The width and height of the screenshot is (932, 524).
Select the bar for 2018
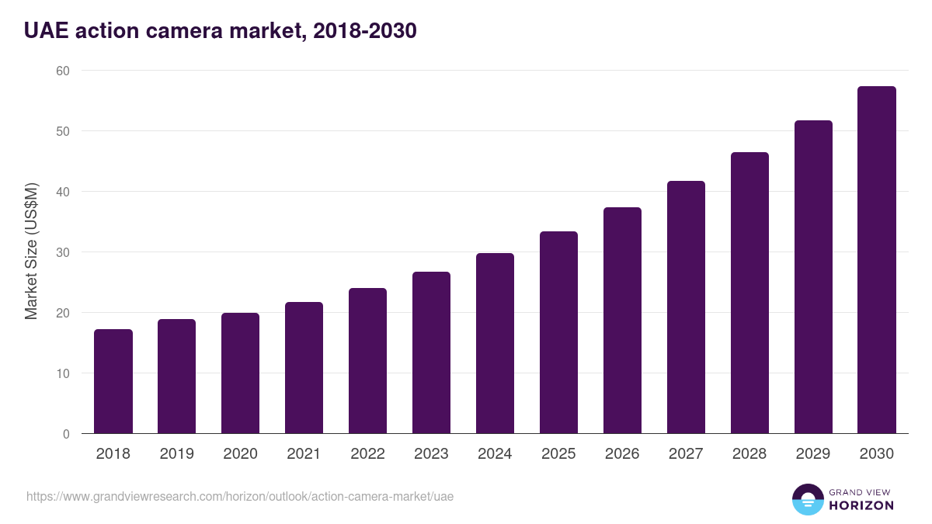point(113,381)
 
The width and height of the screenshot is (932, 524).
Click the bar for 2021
point(304,368)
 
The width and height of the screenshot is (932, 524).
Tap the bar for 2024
point(495,343)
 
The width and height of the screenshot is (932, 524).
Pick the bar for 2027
point(686,307)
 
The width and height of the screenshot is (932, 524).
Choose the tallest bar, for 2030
point(877,260)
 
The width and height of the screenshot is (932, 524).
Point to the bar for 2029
point(813,277)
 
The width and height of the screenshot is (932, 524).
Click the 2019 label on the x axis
point(177,454)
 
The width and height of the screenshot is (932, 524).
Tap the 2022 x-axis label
point(368,454)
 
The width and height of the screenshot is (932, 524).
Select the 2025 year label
point(558,454)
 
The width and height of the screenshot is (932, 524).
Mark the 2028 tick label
point(749,454)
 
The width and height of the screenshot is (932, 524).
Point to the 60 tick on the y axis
point(63,71)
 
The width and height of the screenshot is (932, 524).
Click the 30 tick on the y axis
point(63,252)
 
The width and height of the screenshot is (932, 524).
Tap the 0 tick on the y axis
point(66,434)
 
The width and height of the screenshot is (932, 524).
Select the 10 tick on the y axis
point(63,373)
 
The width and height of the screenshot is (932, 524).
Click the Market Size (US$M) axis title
point(32,252)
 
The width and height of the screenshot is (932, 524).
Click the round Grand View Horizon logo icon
point(808,499)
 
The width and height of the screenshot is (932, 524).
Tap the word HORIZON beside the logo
point(861,505)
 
